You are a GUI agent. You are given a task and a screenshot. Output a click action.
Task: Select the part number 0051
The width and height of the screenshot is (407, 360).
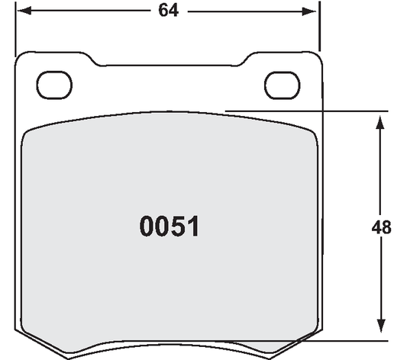coord(169,227)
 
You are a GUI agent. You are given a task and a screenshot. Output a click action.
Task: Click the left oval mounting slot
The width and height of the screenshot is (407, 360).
coord(53,85)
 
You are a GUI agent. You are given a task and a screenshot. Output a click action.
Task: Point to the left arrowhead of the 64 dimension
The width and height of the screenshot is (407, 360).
coord(24,12)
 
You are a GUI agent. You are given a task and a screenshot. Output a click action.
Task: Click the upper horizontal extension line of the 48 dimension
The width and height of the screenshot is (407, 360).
coord(305,111)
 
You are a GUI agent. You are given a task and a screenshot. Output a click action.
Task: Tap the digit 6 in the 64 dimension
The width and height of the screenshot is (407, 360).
coord(162,12)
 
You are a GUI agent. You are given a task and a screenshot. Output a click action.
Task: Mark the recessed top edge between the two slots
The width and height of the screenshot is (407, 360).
coord(169,64)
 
